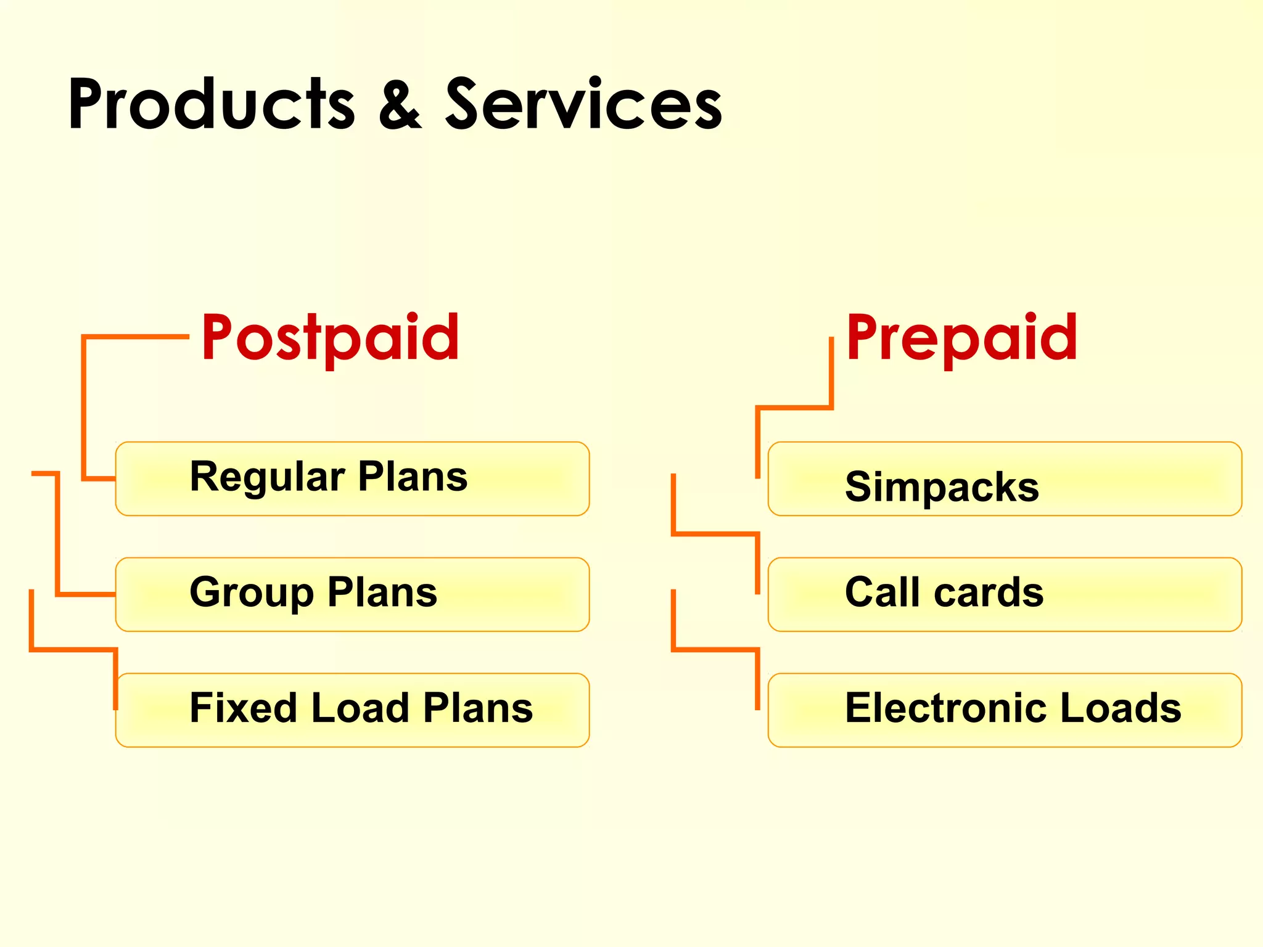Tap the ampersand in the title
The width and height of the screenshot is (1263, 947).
tap(400, 105)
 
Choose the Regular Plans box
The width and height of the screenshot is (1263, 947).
tap(352, 478)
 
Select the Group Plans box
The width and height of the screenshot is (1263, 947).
tap(352, 594)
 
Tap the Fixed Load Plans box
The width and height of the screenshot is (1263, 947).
tap(352, 710)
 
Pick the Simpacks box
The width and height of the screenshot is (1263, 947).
tap(1004, 478)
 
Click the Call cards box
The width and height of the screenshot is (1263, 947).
tap(1004, 594)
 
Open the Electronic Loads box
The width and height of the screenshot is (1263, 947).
tap(1004, 710)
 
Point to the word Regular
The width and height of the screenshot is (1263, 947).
tap(267, 477)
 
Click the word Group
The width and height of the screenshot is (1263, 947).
tap(252, 592)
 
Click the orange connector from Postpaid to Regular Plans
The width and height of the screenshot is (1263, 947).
tap(84, 407)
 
